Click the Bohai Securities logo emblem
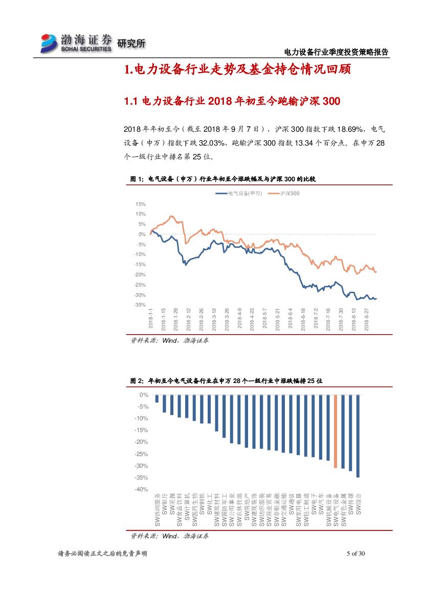tap(50, 43)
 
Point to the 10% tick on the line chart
tap(140, 214)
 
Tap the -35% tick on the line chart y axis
tap(139, 305)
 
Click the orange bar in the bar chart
tap(336, 432)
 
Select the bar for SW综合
tap(358, 436)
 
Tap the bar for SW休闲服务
tap(157, 399)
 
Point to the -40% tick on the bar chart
tap(141, 489)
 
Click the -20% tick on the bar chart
tap(141, 442)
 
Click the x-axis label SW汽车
tap(321, 504)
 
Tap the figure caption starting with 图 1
tap(224, 179)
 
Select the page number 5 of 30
tap(356, 554)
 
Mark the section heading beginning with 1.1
tap(232, 102)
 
